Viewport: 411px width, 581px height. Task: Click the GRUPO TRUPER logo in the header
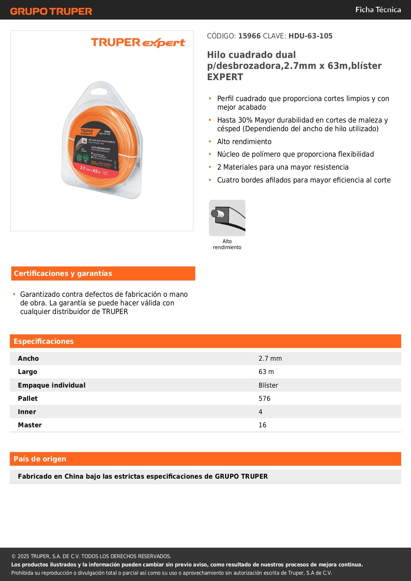click(x=51, y=11)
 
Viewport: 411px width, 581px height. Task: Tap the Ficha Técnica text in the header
click(x=378, y=10)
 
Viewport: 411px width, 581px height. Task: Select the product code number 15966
click(x=249, y=36)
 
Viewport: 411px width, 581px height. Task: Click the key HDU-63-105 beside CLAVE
click(x=310, y=36)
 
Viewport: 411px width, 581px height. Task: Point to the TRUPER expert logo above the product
click(x=138, y=42)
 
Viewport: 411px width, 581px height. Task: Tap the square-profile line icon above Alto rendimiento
click(x=227, y=218)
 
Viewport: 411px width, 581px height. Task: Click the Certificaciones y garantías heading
click(x=63, y=274)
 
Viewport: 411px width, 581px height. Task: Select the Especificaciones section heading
click(x=44, y=342)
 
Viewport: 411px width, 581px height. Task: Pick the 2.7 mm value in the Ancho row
click(x=270, y=358)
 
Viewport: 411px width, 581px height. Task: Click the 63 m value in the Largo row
click(x=266, y=372)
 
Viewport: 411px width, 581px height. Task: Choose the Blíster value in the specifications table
click(x=268, y=385)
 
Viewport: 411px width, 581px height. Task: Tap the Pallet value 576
click(x=264, y=398)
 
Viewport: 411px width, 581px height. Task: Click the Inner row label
click(x=27, y=412)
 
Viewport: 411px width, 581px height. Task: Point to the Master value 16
click(x=262, y=425)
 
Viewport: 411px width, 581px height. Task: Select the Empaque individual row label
click(x=52, y=385)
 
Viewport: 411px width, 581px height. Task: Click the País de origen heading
click(x=40, y=459)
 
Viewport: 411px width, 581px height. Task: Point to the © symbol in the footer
click(x=14, y=556)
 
